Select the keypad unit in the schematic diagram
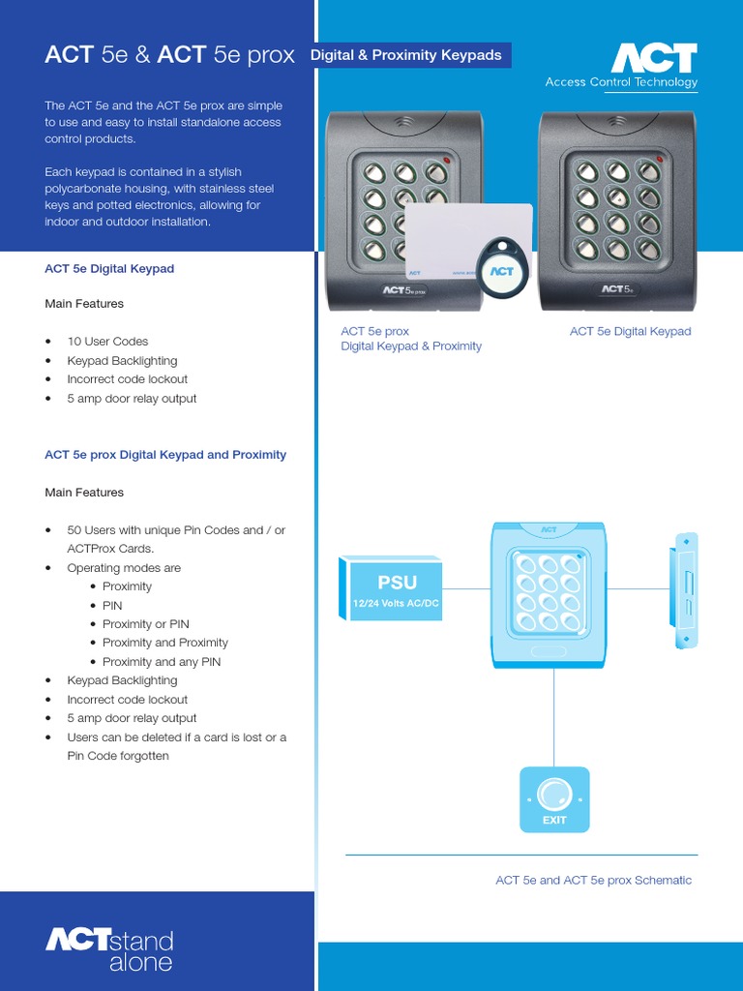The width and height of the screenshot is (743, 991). click(549, 595)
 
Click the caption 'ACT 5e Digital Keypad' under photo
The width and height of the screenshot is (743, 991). click(630, 332)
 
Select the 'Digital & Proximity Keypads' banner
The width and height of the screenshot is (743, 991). click(406, 55)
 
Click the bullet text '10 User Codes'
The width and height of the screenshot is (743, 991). click(107, 342)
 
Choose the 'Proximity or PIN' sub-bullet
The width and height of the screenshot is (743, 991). click(145, 624)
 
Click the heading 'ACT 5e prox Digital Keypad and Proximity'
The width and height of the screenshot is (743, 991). click(165, 455)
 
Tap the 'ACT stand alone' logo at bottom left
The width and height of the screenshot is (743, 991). click(110, 949)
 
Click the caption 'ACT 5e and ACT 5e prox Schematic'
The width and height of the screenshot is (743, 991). click(593, 881)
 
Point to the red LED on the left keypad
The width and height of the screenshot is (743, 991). click(446, 160)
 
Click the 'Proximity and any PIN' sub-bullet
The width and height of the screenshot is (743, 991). click(163, 662)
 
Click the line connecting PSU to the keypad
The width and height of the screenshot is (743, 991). click(467, 587)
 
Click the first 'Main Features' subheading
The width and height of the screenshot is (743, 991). click(84, 304)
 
